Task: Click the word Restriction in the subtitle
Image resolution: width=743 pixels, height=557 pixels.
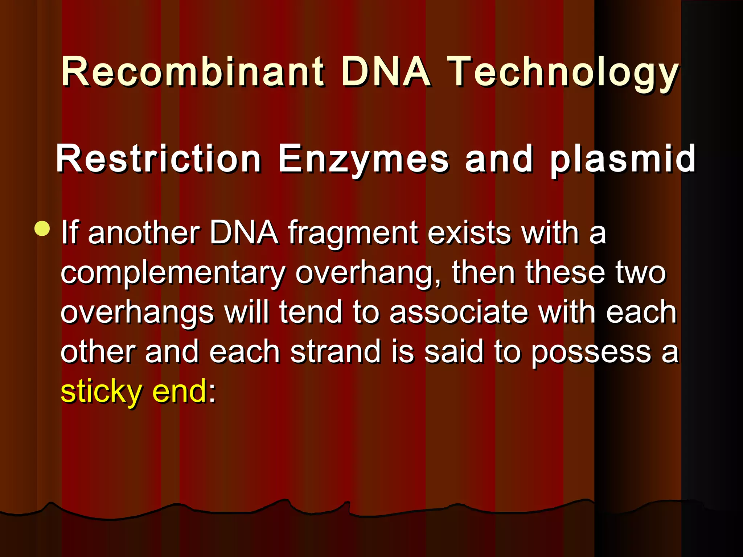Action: click(158, 159)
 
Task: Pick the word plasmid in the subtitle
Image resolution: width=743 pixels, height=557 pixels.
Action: click(623, 160)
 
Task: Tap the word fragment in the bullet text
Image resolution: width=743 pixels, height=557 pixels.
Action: click(353, 234)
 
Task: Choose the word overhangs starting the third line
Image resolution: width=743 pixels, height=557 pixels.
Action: click(137, 313)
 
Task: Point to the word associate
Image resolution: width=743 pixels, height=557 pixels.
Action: click(459, 312)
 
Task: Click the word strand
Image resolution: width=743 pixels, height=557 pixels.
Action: click(336, 351)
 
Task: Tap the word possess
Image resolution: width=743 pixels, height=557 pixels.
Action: click(591, 352)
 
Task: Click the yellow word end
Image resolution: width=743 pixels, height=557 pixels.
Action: click(179, 391)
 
